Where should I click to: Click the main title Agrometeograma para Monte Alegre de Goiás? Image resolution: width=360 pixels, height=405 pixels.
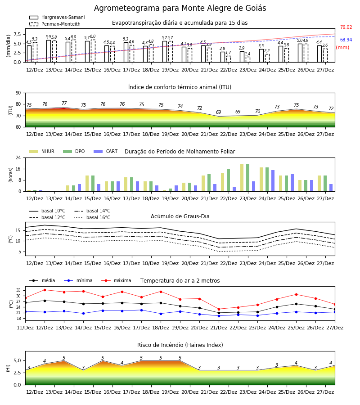pos(180,8)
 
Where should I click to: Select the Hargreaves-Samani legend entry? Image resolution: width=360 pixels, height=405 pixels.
pos(57,17)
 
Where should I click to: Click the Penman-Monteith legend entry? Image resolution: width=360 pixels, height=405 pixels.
pos(55,24)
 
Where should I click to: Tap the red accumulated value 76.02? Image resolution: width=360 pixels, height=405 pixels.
pos(346,27)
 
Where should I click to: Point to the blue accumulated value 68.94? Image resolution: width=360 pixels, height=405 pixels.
pos(346,40)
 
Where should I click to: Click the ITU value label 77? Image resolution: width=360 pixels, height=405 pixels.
pos(64,103)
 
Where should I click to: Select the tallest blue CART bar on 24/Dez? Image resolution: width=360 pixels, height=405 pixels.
pos(273,181)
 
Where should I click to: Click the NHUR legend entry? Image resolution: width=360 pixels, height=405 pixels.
pos(42,151)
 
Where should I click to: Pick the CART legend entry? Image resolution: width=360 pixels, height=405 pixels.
pos(106,151)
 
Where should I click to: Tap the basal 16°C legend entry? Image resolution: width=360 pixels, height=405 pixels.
pos(92,217)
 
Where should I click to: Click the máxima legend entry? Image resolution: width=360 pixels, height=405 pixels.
pos(116,280)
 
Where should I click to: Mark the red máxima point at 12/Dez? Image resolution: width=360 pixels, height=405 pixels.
pos(45,290)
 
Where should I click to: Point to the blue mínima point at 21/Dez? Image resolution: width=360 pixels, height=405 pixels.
pos(219,316)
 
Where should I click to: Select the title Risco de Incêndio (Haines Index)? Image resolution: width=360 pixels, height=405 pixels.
pos(180,345)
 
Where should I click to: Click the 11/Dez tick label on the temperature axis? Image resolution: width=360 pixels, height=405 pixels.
pos(25,328)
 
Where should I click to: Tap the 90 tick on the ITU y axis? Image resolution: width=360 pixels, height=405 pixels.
pos(18,93)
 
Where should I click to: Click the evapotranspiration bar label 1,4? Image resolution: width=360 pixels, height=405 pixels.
pos(247,54)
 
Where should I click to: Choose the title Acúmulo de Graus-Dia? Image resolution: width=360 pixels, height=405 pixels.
pos(180,216)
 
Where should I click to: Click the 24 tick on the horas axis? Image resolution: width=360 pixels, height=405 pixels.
pos(18,157)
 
